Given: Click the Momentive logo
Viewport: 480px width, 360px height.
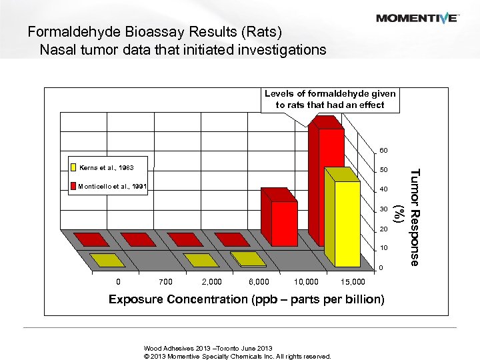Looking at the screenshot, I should click(417, 18).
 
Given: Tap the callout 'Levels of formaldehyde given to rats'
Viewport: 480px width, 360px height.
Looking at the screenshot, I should click(330, 99).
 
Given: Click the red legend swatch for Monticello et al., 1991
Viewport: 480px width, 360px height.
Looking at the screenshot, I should click(73, 187).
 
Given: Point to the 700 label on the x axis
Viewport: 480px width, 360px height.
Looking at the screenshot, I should click(166, 281).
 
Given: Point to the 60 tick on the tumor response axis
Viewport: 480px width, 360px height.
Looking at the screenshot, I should click(383, 150).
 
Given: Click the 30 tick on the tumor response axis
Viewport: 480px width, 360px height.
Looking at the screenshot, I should click(383, 209).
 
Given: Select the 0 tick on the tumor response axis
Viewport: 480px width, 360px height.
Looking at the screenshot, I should click(381, 268).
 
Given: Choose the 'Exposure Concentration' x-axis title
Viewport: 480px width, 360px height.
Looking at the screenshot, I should click(246, 299).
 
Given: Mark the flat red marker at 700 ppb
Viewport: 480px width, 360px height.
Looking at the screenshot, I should click(138, 239).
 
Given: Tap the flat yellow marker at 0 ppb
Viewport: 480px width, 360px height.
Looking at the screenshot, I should click(107, 259).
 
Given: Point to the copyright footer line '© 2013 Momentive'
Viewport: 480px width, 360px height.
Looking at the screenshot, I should click(237, 356).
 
